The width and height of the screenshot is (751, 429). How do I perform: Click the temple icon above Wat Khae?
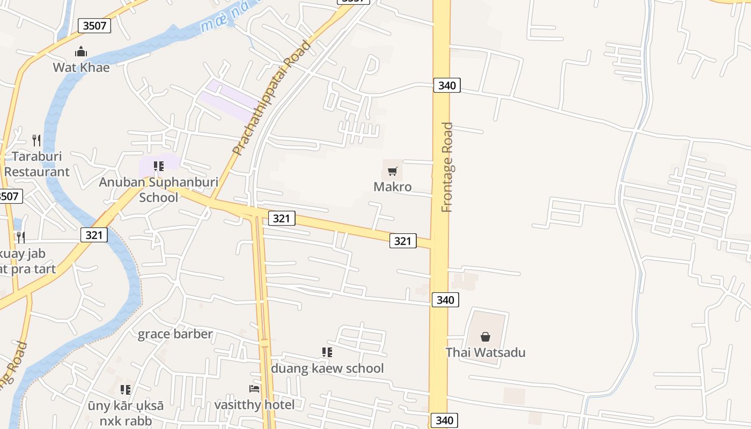(x=81, y=51)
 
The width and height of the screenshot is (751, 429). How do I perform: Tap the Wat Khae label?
(x=81, y=68)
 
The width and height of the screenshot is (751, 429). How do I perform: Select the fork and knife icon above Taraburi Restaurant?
(x=36, y=140)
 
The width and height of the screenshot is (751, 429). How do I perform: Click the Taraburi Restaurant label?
(x=37, y=164)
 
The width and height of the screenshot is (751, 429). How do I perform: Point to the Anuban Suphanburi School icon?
(x=158, y=166)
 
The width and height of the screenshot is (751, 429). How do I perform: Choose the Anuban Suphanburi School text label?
(x=158, y=189)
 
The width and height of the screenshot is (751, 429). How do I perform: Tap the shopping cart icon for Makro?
(x=393, y=172)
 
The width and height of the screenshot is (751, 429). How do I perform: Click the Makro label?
(x=393, y=187)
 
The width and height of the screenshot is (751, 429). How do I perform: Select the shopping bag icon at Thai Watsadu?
(x=485, y=337)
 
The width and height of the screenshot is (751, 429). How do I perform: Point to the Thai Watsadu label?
(x=485, y=352)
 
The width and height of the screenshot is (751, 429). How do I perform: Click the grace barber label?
(x=175, y=334)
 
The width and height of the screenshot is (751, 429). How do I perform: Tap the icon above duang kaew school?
(x=327, y=352)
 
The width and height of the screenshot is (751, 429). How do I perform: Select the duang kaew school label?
(x=327, y=368)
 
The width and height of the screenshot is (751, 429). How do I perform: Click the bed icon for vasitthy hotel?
(x=254, y=388)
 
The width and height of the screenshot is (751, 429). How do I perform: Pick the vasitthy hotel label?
(x=254, y=404)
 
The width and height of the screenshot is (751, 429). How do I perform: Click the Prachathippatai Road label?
(x=271, y=98)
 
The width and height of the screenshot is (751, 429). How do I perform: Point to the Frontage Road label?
(x=447, y=167)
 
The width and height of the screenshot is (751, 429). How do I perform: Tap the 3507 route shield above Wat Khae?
(x=94, y=25)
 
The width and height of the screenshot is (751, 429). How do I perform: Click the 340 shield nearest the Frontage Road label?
(x=447, y=85)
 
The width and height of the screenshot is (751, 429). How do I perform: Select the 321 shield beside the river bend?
(x=94, y=234)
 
